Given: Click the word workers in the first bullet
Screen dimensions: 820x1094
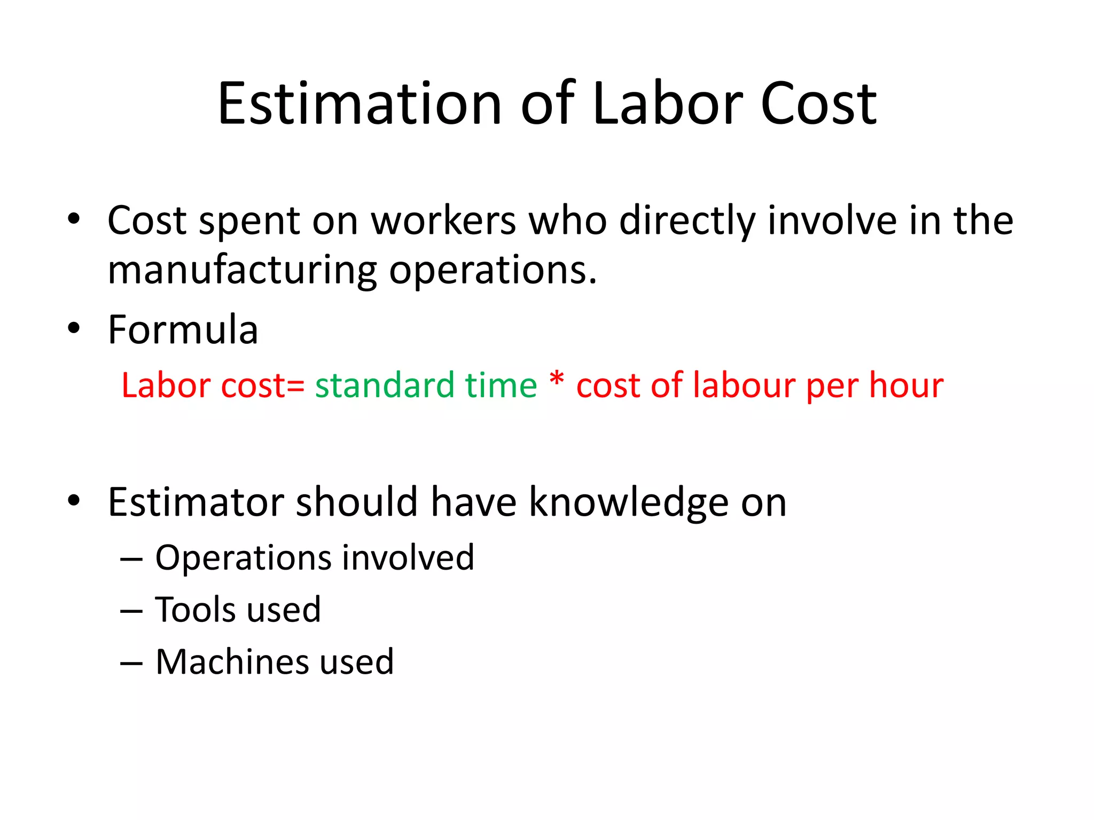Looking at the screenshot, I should click(443, 220).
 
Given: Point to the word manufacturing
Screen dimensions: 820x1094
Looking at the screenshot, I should click(242, 270).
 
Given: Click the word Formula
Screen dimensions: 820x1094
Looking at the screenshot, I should click(183, 330).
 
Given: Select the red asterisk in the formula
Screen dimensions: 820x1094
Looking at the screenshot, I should click(557, 380).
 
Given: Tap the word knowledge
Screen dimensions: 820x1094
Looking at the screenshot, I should click(629, 502).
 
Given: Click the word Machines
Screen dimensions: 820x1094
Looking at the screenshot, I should click(231, 662).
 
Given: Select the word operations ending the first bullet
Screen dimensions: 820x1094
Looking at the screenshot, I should click(492, 270).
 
